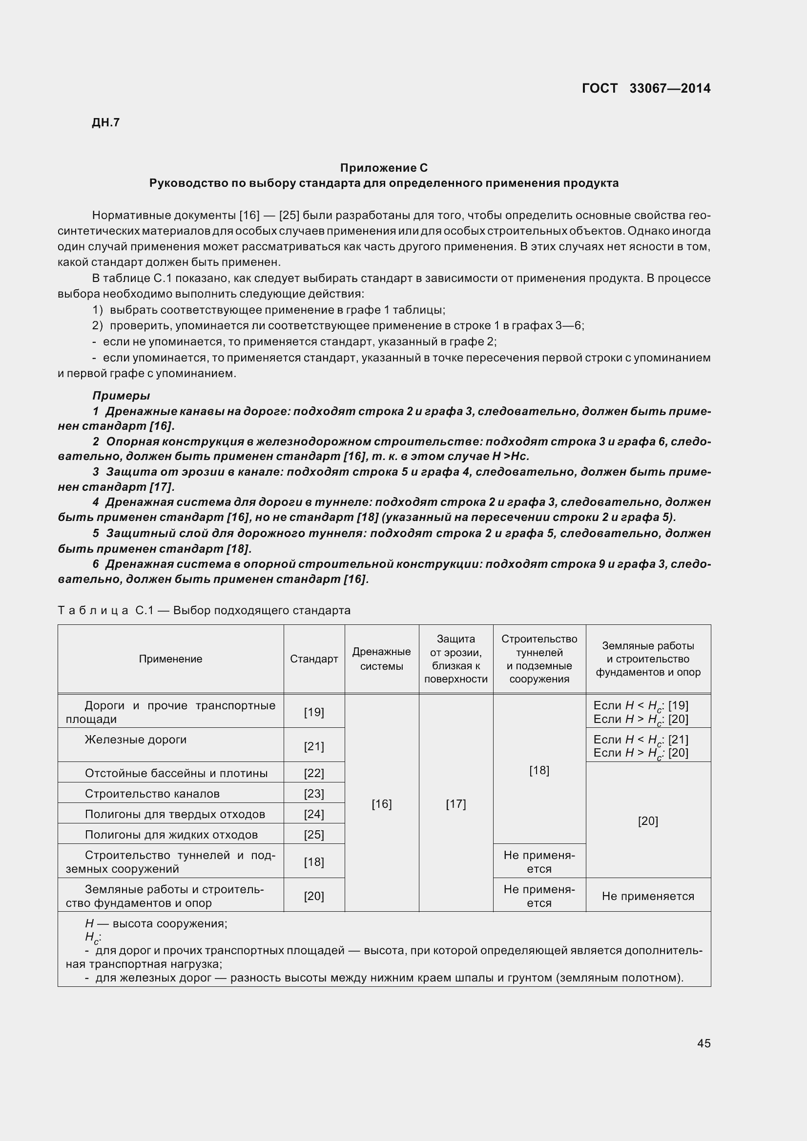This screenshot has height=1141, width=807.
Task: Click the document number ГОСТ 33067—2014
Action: click(x=646, y=88)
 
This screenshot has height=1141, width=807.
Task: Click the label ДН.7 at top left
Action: click(x=106, y=123)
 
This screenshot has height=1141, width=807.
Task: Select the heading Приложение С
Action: click(x=383, y=167)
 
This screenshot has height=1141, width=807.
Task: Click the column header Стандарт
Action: click(x=314, y=659)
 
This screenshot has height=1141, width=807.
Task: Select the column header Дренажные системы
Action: click(x=381, y=659)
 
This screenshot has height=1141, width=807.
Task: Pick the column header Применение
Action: click(x=170, y=659)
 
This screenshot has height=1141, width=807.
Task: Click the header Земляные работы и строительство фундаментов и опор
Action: click(x=648, y=659)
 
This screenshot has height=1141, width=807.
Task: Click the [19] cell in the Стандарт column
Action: click(x=314, y=712)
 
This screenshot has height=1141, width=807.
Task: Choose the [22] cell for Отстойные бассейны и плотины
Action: click(x=314, y=773)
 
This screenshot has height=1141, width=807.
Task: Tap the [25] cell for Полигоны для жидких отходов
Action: click(x=314, y=834)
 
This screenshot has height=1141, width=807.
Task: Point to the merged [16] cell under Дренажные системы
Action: click(x=381, y=803)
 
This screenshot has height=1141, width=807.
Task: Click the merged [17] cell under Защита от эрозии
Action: click(x=455, y=803)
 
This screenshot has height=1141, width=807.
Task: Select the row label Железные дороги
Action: click(x=135, y=740)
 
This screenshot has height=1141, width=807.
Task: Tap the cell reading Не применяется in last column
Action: click(x=648, y=896)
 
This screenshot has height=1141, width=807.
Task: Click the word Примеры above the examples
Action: click(x=121, y=396)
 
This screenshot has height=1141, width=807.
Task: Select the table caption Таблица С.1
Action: click(x=204, y=610)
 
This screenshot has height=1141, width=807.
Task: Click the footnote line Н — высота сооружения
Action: click(x=156, y=923)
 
